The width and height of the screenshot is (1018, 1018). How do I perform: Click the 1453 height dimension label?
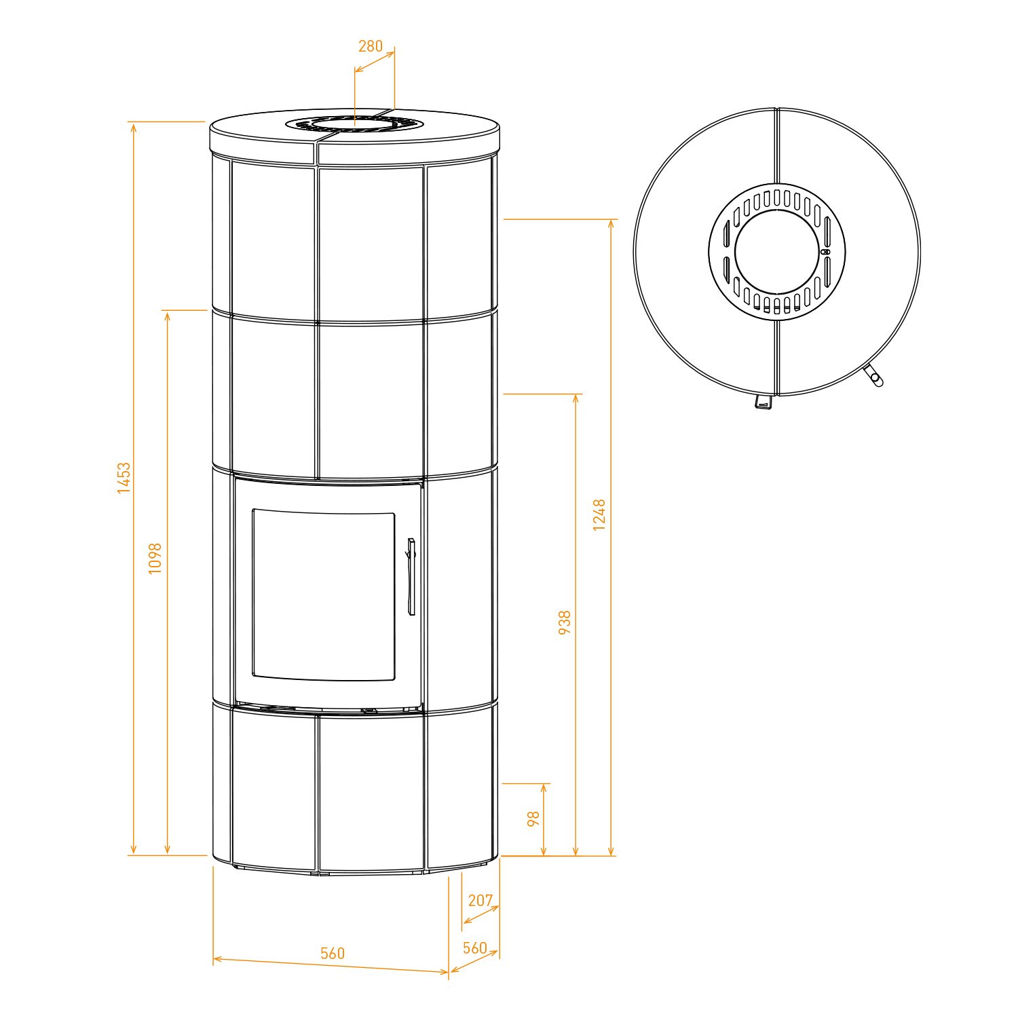point(124,478)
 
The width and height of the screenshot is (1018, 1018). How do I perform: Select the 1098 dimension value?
point(156,558)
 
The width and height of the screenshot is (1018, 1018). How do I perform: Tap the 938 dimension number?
point(565,622)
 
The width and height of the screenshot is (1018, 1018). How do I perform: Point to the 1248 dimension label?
point(599,514)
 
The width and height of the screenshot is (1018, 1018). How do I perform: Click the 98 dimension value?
point(533,818)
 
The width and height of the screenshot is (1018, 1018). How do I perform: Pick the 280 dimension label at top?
point(371,46)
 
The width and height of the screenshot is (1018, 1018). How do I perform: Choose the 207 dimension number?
point(480,900)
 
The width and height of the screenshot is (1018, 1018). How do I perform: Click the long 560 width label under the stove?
point(333,953)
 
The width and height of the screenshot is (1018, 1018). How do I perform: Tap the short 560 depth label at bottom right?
point(475,947)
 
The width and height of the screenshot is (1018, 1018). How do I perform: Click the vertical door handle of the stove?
point(411,577)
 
